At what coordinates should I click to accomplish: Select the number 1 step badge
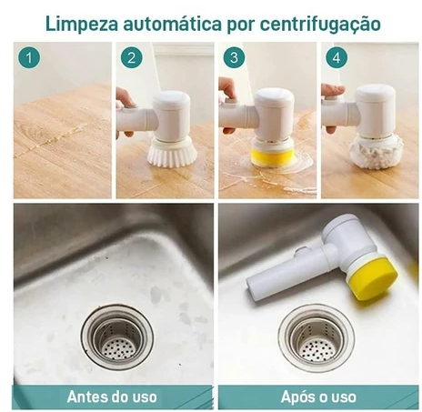[32, 60]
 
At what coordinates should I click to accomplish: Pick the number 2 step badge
[134, 60]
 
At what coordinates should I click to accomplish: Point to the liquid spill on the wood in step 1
[60, 145]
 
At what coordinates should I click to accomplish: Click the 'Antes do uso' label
[112, 397]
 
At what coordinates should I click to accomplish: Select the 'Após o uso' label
[316, 397]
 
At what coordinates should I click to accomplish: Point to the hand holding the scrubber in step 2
[123, 98]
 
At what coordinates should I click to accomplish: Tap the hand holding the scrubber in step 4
[331, 93]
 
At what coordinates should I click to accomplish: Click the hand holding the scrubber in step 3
[226, 89]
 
